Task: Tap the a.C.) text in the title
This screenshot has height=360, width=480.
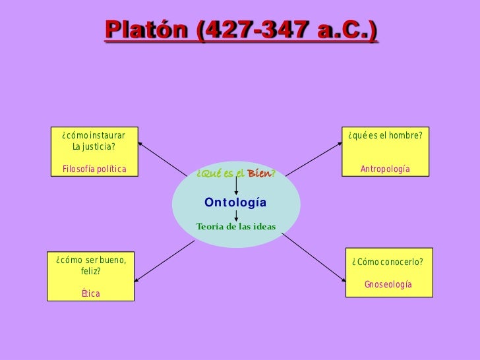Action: pyautogui.click(x=345, y=30)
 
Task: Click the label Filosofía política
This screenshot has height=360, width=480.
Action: pyautogui.click(x=94, y=169)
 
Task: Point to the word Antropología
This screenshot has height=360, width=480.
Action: pyautogui.click(x=385, y=169)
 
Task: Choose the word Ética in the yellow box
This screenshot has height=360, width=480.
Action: pyautogui.click(x=90, y=293)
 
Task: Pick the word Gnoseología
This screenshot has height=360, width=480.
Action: pyautogui.click(x=388, y=284)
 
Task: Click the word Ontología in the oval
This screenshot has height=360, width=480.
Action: pyautogui.click(x=235, y=202)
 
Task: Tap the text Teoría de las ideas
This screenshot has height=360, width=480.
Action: pyautogui.click(x=236, y=227)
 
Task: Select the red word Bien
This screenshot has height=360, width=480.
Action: pyautogui.click(x=258, y=173)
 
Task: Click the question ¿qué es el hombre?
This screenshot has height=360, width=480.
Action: pyautogui.click(x=385, y=136)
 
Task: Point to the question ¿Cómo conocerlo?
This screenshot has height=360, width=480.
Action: pyautogui.click(x=388, y=262)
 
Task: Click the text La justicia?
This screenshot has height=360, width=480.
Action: pyautogui.click(x=94, y=146)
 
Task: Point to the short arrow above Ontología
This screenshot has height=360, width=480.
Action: pyautogui.click(x=236, y=185)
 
